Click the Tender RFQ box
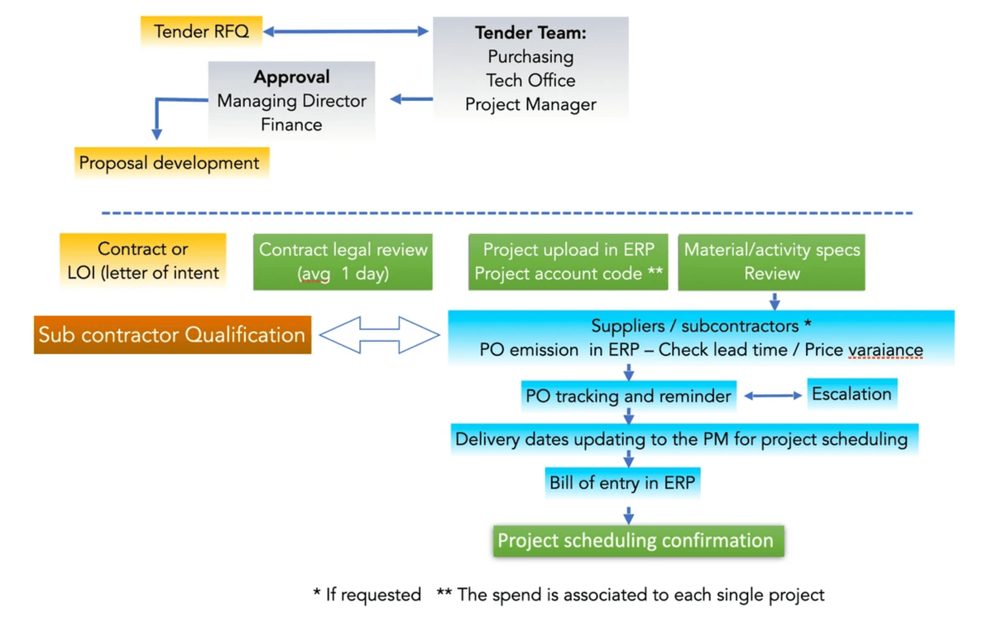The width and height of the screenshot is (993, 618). [x=201, y=32]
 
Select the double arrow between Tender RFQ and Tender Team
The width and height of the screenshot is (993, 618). [x=346, y=32]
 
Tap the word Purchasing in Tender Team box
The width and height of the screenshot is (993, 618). [x=530, y=57]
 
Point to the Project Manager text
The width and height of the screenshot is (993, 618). [x=530, y=105]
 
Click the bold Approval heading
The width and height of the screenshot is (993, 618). [x=291, y=77]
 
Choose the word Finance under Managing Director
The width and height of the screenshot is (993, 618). [x=291, y=125]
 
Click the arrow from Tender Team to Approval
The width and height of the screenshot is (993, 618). [x=411, y=100]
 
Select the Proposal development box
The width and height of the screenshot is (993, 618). [x=170, y=163]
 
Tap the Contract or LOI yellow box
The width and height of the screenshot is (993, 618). [x=142, y=261]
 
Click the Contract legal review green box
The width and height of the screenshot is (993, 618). [x=343, y=261]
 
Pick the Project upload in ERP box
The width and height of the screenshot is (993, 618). [x=568, y=261]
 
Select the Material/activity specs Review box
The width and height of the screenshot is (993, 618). [x=771, y=261]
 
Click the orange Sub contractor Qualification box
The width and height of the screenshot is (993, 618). [x=172, y=335]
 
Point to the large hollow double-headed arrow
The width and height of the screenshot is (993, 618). [x=379, y=335]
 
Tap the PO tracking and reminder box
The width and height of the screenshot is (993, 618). [x=628, y=396]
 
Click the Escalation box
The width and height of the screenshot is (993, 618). [x=851, y=394]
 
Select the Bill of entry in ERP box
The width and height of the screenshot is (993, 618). [x=622, y=483]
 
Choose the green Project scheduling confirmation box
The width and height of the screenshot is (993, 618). [x=636, y=541]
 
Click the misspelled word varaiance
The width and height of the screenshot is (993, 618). [x=886, y=351]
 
